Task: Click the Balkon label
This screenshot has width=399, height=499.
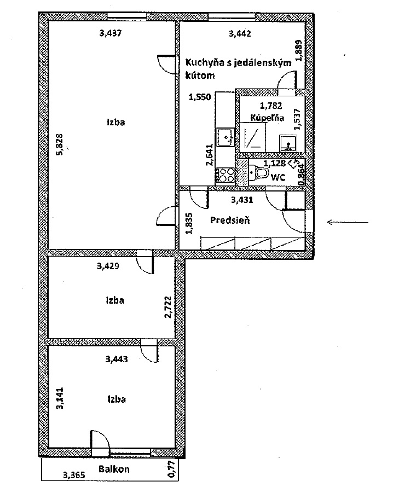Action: pyautogui.click(x=114, y=469)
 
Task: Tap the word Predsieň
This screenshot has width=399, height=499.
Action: pyautogui.click(x=230, y=219)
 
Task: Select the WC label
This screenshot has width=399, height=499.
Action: pyautogui.click(x=277, y=177)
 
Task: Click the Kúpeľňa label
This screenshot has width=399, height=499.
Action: pyautogui.click(x=267, y=118)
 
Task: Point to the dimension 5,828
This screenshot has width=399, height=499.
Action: pyautogui.click(x=60, y=144)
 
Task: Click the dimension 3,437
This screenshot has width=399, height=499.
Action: pyautogui.click(x=111, y=33)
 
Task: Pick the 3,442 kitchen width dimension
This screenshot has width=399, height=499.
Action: pyautogui.click(x=240, y=33)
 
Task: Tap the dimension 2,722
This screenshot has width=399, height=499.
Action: pyautogui.click(x=168, y=307)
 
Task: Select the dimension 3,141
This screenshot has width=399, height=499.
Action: pyautogui.click(x=60, y=398)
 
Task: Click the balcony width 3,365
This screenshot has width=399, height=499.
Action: pyautogui.click(x=74, y=475)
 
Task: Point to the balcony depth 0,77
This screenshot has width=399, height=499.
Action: pyautogui.click(x=172, y=469)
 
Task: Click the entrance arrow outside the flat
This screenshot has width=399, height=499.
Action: pyautogui.click(x=348, y=222)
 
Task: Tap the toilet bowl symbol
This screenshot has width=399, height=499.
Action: pyautogui.click(x=259, y=173)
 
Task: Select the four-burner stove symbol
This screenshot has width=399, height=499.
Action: pyautogui.click(x=225, y=175)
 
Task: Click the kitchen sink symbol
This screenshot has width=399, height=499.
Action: pyautogui.click(x=225, y=137)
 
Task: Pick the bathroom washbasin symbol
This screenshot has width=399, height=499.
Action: pyautogui.click(x=288, y=143)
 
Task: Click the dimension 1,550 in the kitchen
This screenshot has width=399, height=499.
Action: pyautogui.click(x=200, y=97)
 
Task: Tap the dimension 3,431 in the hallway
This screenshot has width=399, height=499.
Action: pyautogui.click(x=242, y=200)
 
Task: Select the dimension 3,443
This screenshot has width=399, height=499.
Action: pyautogui.click(x=117, y=359)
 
